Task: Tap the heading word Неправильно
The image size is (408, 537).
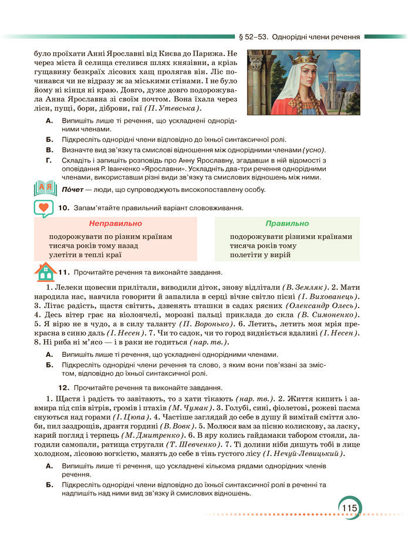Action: [115, 224]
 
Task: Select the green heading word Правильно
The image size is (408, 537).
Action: [286, 224]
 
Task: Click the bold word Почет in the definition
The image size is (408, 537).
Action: [74, 190]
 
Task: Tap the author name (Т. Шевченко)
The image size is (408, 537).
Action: [201, 445]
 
